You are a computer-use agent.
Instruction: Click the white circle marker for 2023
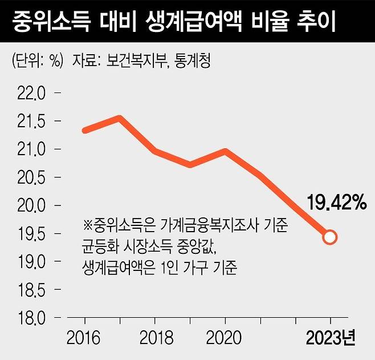pos(330,237)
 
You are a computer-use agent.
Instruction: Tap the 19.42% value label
pos(336,203)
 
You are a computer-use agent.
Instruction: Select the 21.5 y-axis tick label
pos(31,122)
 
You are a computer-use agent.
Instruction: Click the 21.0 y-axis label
pos(31,149)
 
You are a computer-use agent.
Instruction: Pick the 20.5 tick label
pos(31,177)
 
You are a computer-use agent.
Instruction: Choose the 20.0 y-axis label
pos(31,205)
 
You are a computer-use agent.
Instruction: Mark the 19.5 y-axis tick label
pos(31,233)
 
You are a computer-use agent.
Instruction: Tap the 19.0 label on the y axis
pos(31,262)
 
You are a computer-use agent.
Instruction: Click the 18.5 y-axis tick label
pos(31,290)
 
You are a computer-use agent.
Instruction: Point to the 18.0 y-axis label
pos(31,318)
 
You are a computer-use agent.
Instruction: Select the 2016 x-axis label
pos(83,338)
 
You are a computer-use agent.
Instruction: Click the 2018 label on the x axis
pos(156,338)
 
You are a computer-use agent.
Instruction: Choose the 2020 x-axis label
pos(224,338)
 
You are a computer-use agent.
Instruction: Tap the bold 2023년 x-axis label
pos(331,338)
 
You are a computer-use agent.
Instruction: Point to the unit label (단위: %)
pos(37,60)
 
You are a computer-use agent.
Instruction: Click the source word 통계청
pos(193,60)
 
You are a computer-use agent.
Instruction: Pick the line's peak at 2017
pos(119,118)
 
